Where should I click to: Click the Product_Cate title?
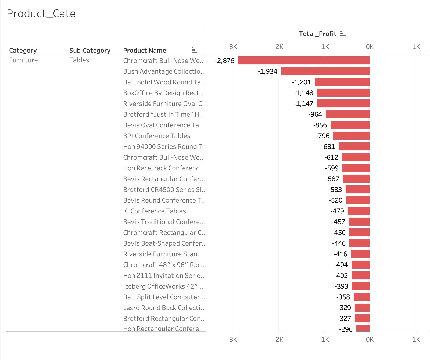(x=41, y=13)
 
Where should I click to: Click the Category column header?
(x=23, y=51)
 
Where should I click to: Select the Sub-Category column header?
(x=90, y=51)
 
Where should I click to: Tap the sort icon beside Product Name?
(x=194, y=50)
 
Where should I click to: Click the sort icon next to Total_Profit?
(x=343, y=34)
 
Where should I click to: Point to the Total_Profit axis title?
(x=318, y=34)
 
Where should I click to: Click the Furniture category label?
(x=23, y=60)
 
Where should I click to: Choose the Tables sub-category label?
(x=79, y=60)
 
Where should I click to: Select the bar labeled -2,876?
(x=304, y=60)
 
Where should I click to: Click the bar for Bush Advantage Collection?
(x=325, y=71)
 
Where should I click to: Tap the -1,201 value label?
(x=301, y=82)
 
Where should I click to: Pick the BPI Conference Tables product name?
(x=156, y=136)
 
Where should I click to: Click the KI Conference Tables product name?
(x=154, y=211)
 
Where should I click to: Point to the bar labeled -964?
(x=347, y=114)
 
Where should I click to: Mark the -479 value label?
(x=337, y=211)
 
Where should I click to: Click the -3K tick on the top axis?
(x=232, y=47)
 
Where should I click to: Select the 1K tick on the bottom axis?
(x=416, y=340)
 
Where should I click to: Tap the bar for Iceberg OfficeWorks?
(x=361, y=286)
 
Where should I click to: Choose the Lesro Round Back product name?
(x=163, y=308)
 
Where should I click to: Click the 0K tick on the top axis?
(x=370, y=47)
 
